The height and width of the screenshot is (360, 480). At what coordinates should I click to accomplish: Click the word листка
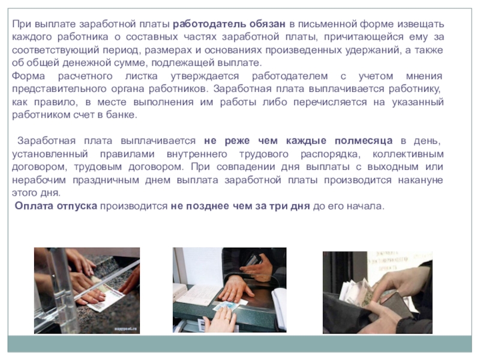click(x=142, y=76)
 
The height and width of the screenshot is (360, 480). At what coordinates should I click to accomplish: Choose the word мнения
click(x=424, y=76)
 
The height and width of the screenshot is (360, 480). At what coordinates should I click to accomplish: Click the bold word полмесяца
click(x=364, y=141)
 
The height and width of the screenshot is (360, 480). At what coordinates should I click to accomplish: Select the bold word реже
click(x=237, y=141)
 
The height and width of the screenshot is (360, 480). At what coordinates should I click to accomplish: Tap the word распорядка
click(x=331, y=154)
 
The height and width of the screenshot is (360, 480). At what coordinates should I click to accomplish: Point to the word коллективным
click(x=408, y=154)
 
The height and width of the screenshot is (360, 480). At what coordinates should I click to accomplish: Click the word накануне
click(x=421, y=180)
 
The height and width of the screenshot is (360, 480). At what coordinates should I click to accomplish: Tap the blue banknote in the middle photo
click(x=226, y=305)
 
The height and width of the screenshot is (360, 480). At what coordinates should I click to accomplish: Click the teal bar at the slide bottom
click(x=239, y=344)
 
